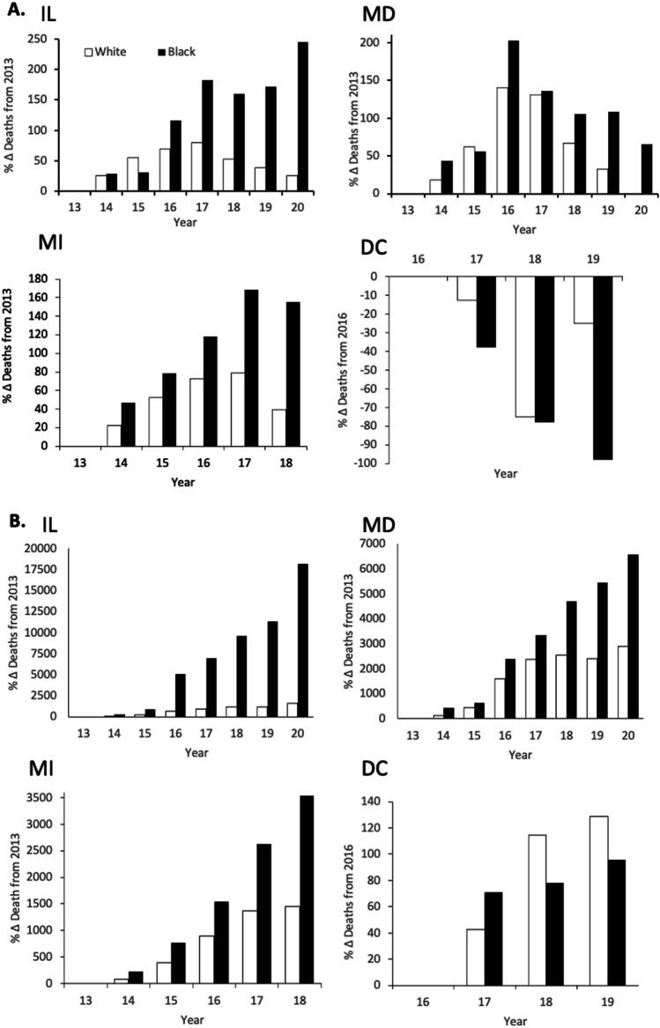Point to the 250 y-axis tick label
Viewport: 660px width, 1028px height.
click(x=37, y=39)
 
